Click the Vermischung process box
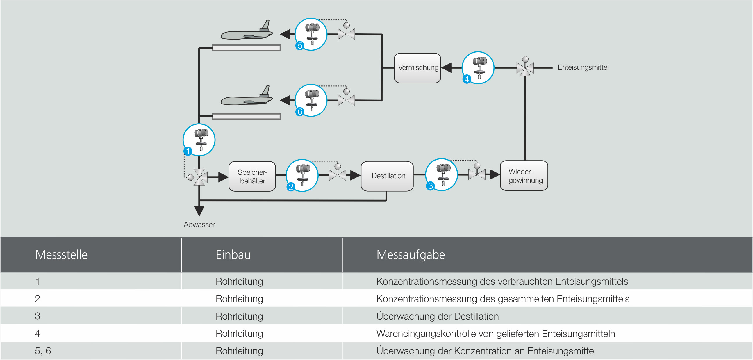[x=417, y=68]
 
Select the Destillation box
[x=387, y=176]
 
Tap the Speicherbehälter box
[x=252, y=176]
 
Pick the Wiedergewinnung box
[x=524, y=176]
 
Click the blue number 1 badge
[x=188, y=151]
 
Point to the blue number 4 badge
[x=467, y=79]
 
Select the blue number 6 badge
[x=300, y=112]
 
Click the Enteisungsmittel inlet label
[x=583, y=67]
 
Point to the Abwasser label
[x=199, y=224]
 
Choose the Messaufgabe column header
[x=411, y=255]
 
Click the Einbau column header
[x=233, y=255]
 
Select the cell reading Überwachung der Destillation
[x=437, y=316]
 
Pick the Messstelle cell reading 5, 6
[x=43, y=351]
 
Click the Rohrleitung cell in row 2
[x=239, y=299]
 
